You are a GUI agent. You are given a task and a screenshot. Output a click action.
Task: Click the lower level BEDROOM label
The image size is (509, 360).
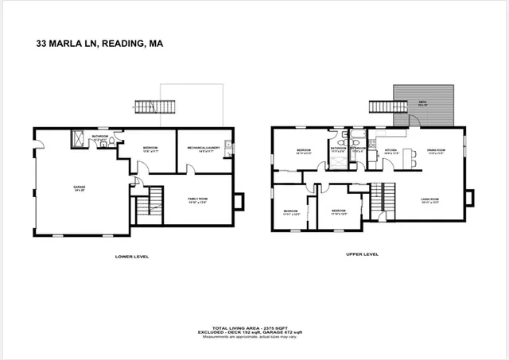point(152,148)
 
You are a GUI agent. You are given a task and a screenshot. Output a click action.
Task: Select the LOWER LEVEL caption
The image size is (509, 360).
point(132,256)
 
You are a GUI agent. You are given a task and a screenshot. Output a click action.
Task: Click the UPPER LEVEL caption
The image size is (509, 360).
point(362,254)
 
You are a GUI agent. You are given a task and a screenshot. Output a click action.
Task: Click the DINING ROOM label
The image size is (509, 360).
point(435,149)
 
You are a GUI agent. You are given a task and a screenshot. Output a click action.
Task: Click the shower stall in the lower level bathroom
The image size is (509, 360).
point(80,140)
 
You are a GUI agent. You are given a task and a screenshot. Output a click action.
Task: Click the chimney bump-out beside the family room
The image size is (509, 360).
point(240,201)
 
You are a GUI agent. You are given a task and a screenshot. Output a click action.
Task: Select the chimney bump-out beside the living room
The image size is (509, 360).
point(469,196)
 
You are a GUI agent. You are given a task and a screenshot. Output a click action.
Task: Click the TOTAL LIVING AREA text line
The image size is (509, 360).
point(254,326)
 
